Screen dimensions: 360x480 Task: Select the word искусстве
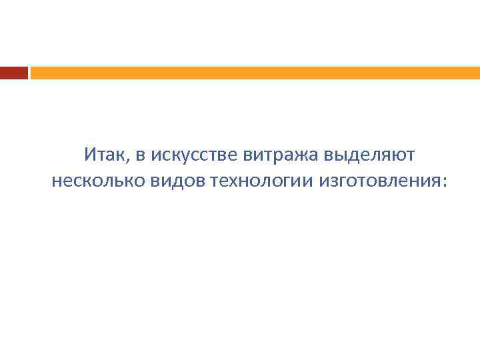click(186, 156)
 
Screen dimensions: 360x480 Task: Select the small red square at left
click(13, 73)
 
